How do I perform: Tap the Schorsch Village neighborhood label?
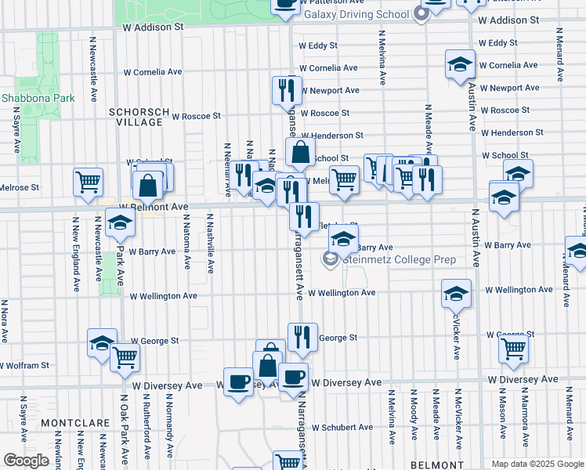point(139,117)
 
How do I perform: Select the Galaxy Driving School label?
point(356,14)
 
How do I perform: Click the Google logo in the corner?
point(27,461)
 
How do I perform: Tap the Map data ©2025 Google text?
point(537,464)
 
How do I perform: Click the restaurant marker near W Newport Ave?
point(287,90)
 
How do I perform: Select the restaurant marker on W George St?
point(302,337)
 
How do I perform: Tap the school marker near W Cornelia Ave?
point(460,64)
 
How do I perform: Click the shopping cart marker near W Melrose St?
point(88,181)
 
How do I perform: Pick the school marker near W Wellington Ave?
point(456,293)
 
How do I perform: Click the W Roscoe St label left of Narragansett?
point(196,116)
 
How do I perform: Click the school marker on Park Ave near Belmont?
point(120,222)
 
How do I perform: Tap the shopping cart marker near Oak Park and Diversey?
point(125,356)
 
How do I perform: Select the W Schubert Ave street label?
point(345,428)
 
